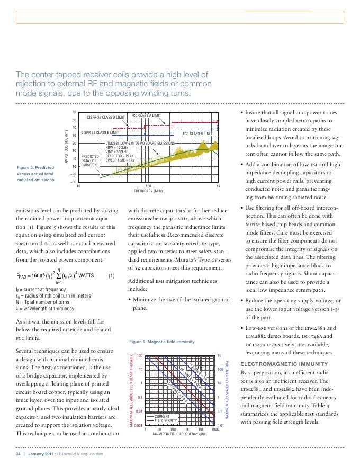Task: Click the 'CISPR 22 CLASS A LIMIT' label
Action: [x=106, y=116]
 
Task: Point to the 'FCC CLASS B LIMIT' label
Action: [x=197, y=134]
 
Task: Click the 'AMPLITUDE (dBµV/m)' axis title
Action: [x=65, y=146]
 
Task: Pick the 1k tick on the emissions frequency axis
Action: [x=218, y=186]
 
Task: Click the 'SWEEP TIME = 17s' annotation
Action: [x=120, y=159]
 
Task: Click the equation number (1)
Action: [x=111, y=276]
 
